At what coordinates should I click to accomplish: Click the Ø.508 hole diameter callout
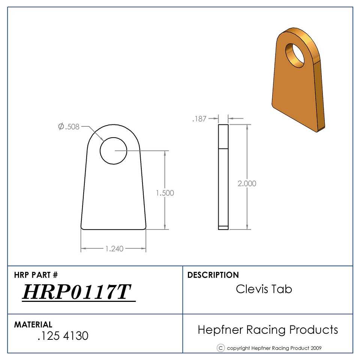click(x=69, y=126)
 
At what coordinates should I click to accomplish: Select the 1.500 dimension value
click(x=165, y=193)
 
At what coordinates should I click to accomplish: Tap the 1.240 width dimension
click(x=114, y=249)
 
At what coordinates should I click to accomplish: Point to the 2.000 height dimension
click(x=247, y=183)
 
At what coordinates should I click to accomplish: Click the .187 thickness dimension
click(x=199, y=119)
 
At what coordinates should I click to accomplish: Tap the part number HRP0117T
click(x=76, y=292)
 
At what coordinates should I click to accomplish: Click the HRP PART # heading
click(x=36, y=275)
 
